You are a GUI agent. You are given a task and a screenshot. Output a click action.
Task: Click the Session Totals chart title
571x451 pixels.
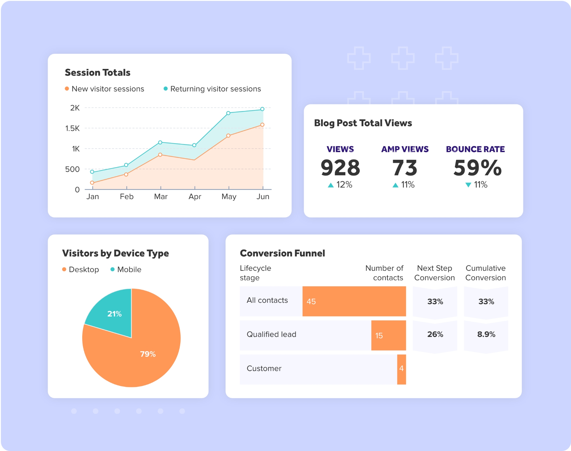point(97,73)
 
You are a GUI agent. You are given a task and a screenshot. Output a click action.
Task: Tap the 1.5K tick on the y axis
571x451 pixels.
point(72,128)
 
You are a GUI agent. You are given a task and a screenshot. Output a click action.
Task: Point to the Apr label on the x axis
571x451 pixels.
point(195,197)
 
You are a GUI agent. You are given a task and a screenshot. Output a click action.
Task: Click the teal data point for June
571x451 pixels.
point(262,109)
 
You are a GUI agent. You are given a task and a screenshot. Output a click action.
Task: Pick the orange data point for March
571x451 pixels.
point(160,155)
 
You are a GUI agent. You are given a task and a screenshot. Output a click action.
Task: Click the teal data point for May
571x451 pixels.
point(228,113)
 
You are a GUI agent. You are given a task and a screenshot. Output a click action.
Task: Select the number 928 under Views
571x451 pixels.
point(340,168)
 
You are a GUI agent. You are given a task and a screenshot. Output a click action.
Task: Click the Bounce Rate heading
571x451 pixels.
point(475,149)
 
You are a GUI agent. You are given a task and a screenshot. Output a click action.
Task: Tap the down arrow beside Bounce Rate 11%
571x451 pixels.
point(468,185)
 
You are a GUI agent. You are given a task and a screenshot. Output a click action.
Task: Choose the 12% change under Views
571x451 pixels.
point(344,185)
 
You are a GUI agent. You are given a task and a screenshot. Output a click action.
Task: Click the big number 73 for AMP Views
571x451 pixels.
point(405,168)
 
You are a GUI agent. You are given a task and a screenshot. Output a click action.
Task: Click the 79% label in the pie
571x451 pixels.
point(148,354)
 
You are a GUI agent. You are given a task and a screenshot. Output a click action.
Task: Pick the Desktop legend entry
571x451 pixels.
point(81,270)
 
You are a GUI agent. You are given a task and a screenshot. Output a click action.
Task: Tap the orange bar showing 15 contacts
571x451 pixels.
point(388,335)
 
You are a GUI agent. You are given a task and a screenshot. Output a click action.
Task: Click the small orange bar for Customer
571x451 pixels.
point(401,369)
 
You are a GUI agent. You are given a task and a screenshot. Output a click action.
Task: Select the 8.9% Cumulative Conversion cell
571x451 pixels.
point(486,335)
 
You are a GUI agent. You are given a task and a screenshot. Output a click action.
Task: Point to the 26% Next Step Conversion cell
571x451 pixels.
point(435,335)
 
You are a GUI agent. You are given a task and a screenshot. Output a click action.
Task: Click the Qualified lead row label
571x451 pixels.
point(271,335)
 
